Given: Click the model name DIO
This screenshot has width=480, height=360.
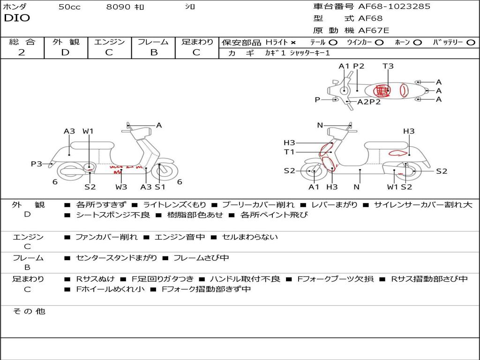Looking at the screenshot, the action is pyautogui.click(x=17, y=18).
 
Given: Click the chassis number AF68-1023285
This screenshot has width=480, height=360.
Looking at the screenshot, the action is pyautogui.click(x=394, y=7).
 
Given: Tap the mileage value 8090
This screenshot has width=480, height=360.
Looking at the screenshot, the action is pyautogui.click(x=118, y=7).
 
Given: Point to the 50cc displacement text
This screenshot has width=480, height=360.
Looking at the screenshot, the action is pyautogui.click(x=69, y=7).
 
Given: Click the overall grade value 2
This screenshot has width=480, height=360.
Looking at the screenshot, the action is pyautogui.click(x=22, y=52).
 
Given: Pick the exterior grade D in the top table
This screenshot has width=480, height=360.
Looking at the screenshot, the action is pyautogui.click(x=66, y=52).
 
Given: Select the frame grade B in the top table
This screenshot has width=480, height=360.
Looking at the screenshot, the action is pyautogui.click(x=154, y=52).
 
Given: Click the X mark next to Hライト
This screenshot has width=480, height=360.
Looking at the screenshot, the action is pyautogui.click(x=293, y=43).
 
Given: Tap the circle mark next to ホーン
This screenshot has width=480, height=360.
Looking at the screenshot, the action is pyautogui.click(x=418, y=43).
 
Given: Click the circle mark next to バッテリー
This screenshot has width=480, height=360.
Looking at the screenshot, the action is pyautogui.click(x=471, y=43).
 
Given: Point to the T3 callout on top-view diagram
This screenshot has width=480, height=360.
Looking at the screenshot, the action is pyautogui.click(x=388, y=66).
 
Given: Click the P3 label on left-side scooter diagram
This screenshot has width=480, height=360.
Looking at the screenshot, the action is pyautogui.click(x=37, y=164).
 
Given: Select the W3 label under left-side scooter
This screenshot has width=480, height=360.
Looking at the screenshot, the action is pyautogui.click(x=121, y=187).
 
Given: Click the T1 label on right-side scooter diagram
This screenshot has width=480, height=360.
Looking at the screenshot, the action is pyautogui.click(x=289, y=152).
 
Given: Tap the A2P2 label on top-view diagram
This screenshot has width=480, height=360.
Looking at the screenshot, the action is pyautogui.click(x=369, y=102).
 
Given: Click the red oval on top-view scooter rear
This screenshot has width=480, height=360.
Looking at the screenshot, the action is pyautogui.click(x=404, y=90).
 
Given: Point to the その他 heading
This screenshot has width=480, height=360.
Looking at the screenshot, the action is pyautogui.click(x=29, y=311).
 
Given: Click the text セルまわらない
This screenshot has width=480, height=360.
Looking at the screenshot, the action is pyautogui.click(x=250, y=237).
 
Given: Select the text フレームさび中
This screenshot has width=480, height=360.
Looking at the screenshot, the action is pyautogui.click(x=201, y=258).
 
